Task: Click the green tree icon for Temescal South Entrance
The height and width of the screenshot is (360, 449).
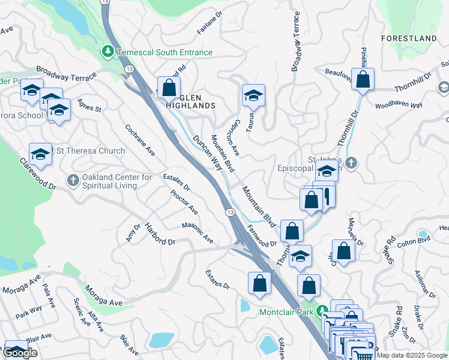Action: click(x=108, y=52)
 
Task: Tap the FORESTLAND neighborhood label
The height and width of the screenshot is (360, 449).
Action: click(x=409, y=38)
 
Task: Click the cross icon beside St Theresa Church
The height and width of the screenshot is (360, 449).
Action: click(x=48, y=151)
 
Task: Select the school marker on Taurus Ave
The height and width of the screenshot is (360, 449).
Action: click(x=253, y=95)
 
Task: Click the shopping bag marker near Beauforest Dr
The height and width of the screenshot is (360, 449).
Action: click(x=363, y=79)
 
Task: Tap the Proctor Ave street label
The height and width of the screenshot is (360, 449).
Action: click(x=184, y=202)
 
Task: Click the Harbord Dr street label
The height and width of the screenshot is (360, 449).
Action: click(x=159, y=234)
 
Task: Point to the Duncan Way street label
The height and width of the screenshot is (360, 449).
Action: click(x=207, y=151)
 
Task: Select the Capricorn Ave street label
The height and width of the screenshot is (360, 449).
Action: click(x=232, y=137)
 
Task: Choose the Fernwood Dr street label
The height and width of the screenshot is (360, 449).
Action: click(x=261, y=236)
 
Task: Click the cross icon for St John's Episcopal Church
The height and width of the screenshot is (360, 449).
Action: click(x=352, y=163)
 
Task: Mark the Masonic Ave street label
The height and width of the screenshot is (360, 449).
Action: click(x=197, y=232)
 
